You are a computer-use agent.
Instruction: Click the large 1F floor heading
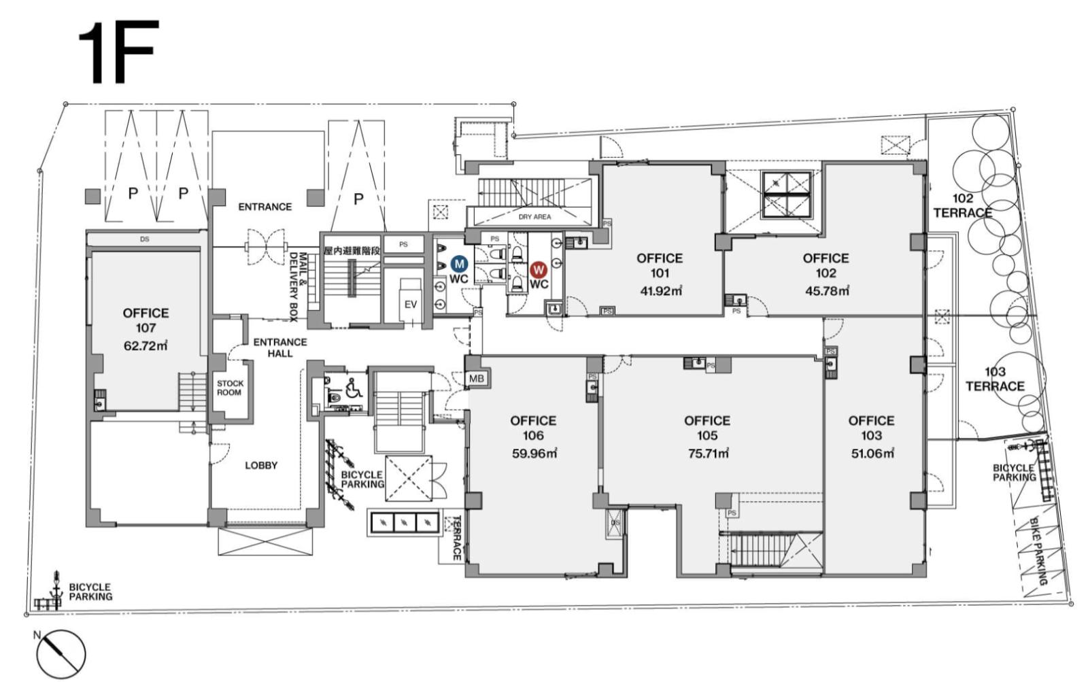(118, 52)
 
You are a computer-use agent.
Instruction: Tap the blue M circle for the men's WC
(459, 265)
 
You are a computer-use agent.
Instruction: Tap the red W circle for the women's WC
(538, 269)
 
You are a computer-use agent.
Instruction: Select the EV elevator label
(411, 305)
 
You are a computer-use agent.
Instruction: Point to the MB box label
(477, 379)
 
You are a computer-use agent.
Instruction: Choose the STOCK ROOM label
(230, 388)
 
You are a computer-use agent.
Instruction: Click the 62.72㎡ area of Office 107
(146, 346)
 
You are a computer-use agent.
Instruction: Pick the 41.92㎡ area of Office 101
(660, 291)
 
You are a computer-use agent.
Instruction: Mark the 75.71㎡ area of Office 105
(708, 454)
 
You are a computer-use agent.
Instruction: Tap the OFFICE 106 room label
(533, 428)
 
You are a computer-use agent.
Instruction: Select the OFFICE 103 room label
(871, 428)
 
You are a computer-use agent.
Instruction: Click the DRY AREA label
(534, 217)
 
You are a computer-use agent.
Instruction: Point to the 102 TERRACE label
(963, 205)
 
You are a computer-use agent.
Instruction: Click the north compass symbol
(61, 654)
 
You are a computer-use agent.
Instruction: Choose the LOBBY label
(261, 465)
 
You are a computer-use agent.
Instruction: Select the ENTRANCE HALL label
(280, 348)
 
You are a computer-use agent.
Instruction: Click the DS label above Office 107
(144, 239)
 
